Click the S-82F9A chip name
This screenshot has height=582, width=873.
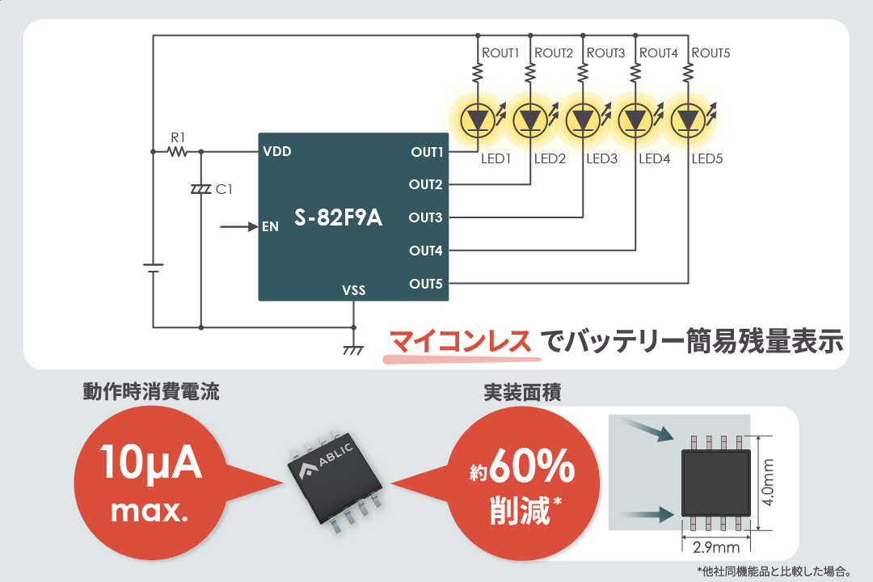pyautogui.click(x=338, y=218)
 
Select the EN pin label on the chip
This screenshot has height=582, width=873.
pyautogui.click(x=270, y=227)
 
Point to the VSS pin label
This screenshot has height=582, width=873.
pyautogui.click(x=353, y=289)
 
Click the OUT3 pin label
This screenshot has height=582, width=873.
pyautogui.click(x=425, y=217)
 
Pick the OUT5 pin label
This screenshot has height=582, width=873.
pyautogui.click(x=425, y=284)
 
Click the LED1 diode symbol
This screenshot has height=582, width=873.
pyautogui.click(x=477, y=120)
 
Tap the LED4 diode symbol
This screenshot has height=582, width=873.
pyautogui.click(x=635, y=120)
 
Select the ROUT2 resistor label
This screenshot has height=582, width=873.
pyautogui.click(x=554, y=53)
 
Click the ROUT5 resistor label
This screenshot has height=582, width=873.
pyautogui.click(x=711, y=53)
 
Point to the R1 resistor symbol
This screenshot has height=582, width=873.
pyautogui.click(x=177, y=151)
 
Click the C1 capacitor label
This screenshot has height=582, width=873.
pyautogui.click(x=224, y=189)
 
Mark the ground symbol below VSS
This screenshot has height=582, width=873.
pyautogui.click(x=353, y=350)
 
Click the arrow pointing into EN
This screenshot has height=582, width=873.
pyautogui.click(x=238, y=227)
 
